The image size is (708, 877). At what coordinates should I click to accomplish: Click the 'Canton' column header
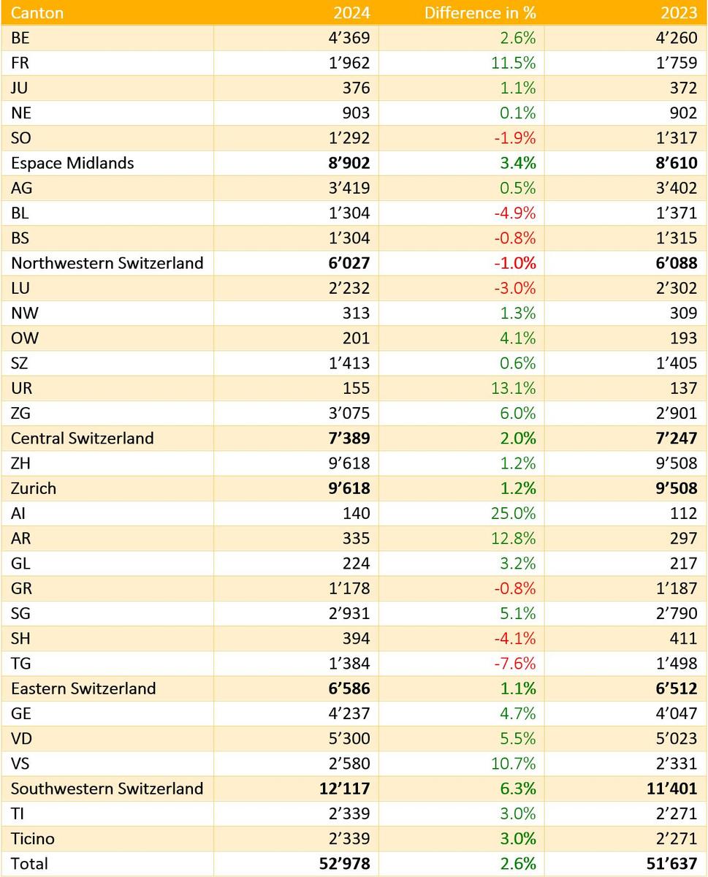tap(37, 13)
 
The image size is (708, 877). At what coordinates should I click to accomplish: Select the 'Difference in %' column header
tap(480, 13)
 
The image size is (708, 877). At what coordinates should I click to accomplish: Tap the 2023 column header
tap(680, 13)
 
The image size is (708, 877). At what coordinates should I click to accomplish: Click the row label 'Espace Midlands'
tap(72, 163)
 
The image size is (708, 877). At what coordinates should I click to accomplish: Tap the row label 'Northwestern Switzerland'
tap(107, 263)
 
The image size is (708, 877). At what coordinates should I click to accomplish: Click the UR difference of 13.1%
tap(514, 388)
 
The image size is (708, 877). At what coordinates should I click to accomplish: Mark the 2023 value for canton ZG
tap(675, 413)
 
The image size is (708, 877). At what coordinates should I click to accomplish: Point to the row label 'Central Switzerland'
tap(83, 438)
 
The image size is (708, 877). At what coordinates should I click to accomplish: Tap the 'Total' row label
tap(29, 864)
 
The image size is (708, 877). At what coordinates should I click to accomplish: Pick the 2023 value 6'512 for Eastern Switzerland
tap(674, 688)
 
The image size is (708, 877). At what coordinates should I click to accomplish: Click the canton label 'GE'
tap(21, 713)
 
